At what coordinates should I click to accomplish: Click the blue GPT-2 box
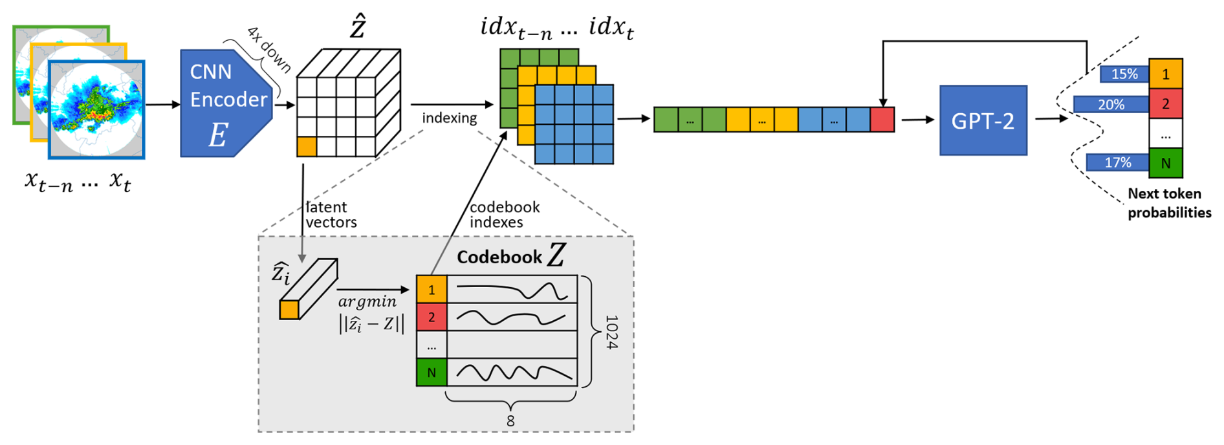983,120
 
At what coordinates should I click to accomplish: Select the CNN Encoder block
223,103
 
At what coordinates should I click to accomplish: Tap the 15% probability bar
1124,74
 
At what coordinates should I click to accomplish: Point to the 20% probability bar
1111,104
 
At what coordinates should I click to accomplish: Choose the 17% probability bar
1117,162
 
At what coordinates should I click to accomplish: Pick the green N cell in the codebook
432,373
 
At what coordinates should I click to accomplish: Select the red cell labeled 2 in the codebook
432,317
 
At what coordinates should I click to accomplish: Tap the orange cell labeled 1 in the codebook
432,290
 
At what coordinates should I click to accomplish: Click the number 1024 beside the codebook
611,332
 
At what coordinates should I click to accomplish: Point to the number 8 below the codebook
510,421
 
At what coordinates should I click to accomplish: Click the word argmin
367,301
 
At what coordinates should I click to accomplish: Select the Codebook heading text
499,257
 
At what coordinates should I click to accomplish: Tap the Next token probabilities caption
1169,203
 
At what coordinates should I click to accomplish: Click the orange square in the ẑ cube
307,146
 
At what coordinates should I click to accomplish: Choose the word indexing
449,118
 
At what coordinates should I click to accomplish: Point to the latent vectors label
331,215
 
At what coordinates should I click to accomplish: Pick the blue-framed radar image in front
96,110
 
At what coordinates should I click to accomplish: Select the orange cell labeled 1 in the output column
1165,74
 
